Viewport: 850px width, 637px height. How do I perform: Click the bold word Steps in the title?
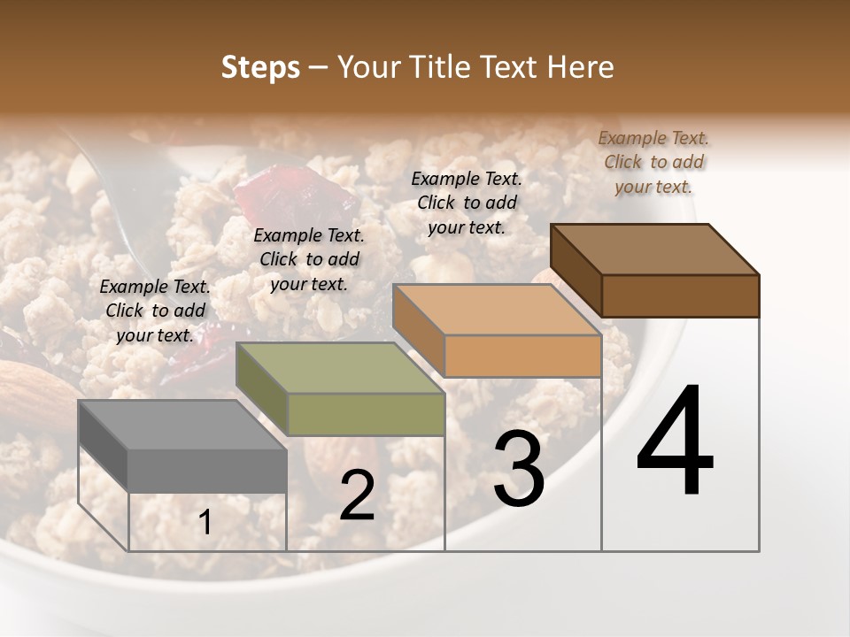click(260, 67)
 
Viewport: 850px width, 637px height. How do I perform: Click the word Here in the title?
click(580, 67)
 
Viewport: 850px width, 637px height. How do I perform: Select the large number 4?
click(675, 441)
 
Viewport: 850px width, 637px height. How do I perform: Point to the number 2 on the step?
click(357, 495)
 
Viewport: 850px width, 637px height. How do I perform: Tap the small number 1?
click(205, 523)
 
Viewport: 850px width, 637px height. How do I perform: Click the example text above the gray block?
click(155, 311)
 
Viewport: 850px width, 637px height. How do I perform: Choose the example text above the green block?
click(309, 259)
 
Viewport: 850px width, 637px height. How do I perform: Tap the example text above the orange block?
click(467, 203)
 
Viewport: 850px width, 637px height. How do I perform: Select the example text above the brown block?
click(653, 162)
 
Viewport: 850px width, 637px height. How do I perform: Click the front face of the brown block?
click(680, 295)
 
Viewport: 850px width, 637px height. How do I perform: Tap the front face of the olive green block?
click(366, 414)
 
